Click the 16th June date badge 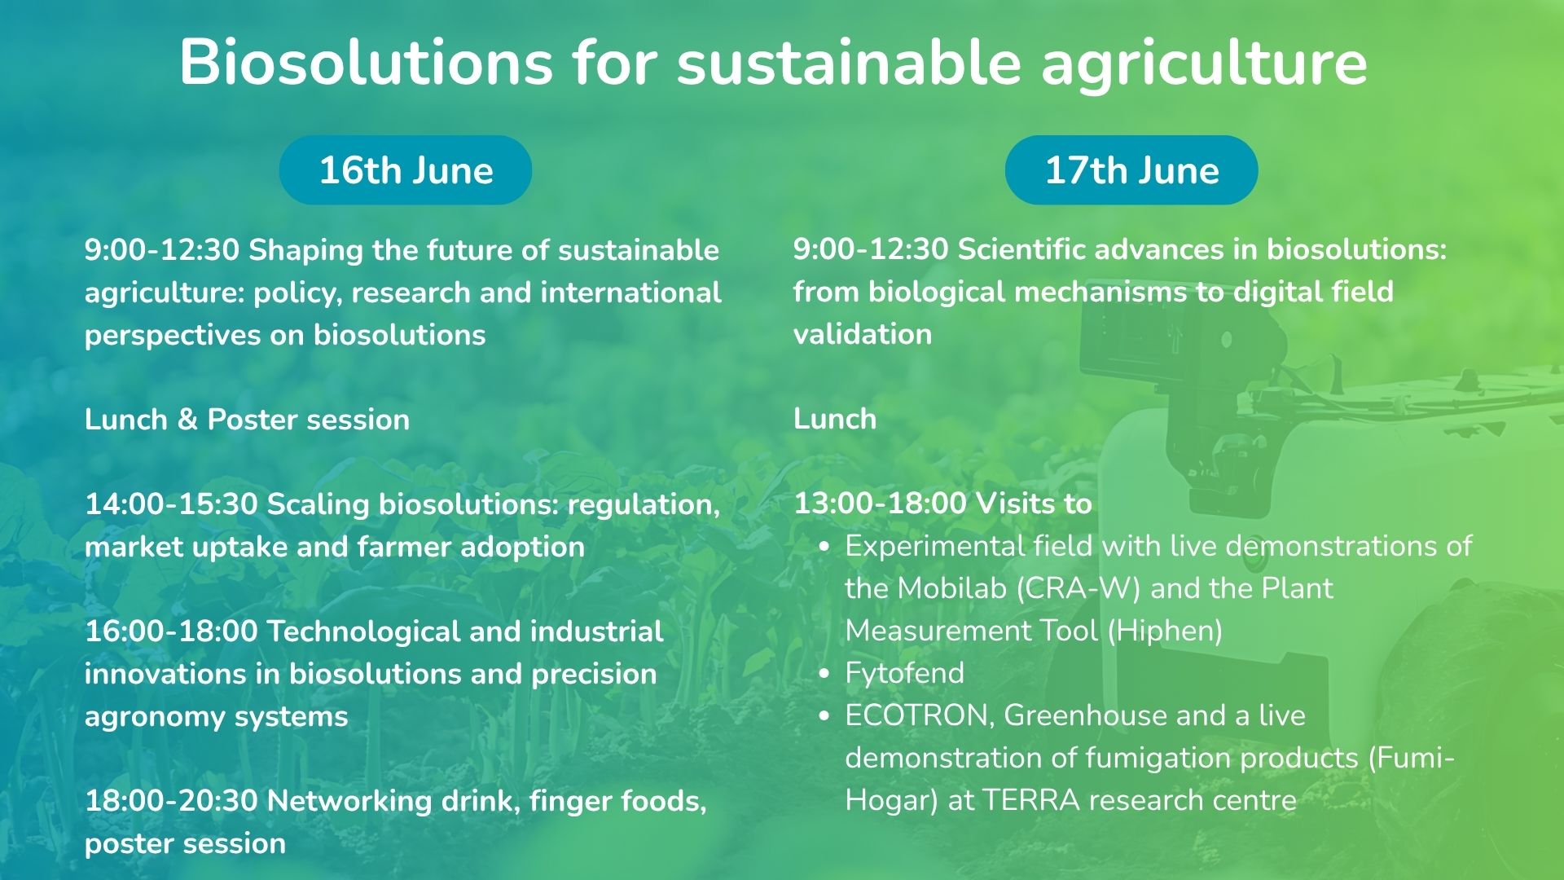[x=406, y=170]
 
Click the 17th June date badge [x=1131, y=170]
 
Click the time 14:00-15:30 [x=171, y=504]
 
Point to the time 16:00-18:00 [x=171, y=631]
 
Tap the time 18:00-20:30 [x=171, y=801]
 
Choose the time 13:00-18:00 [x=880, y=504]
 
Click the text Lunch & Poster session [x=247, y=420]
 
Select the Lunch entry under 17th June [x=835, y=419]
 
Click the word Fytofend [x=904, y=673]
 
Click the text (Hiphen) [x=1165, y=631]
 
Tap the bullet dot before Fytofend [x=825, y=674]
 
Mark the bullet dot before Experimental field [x=825, y=547]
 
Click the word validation [x=863, y=334]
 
